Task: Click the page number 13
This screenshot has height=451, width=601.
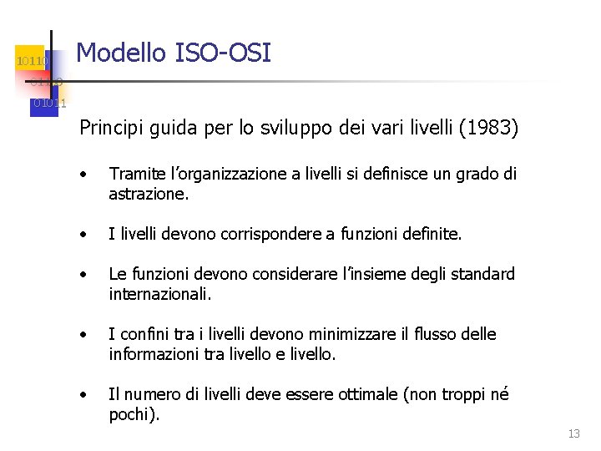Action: point(573,433)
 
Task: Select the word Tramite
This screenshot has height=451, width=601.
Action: point(134,175)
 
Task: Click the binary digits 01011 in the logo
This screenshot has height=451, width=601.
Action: point(49,103)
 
